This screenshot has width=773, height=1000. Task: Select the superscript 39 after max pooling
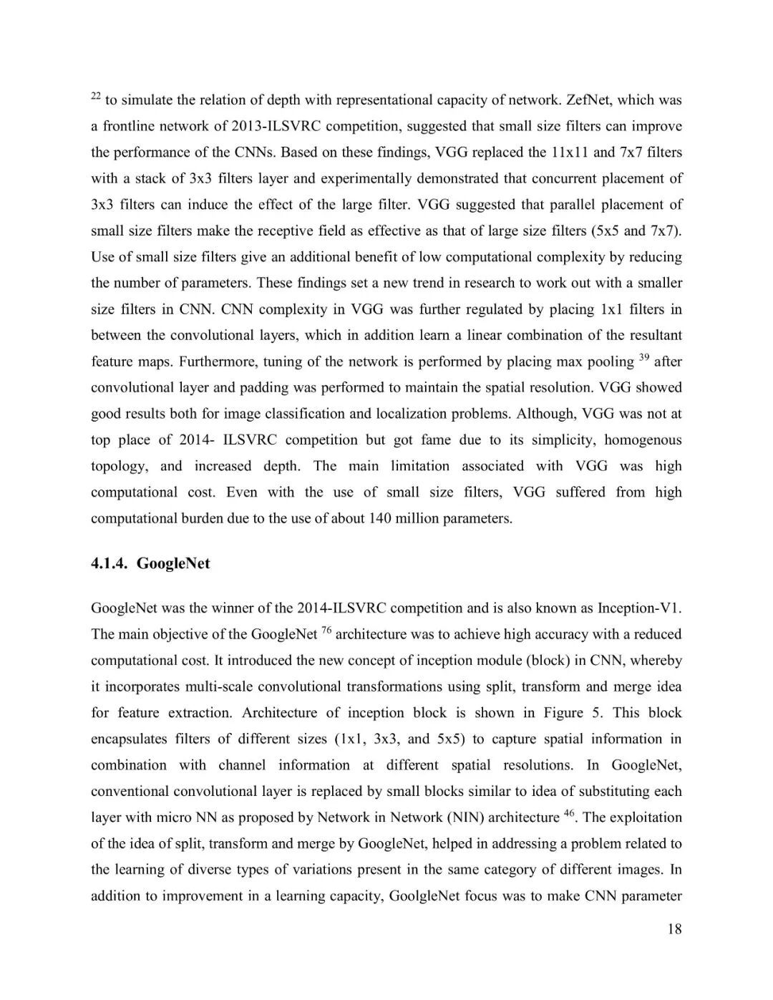click(x=643, y=357)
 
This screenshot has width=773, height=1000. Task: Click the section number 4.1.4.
click(x=110, y=564)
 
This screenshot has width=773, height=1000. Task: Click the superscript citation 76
click(x=326, y=630)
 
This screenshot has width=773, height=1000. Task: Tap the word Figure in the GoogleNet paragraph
click(x=563, y=713)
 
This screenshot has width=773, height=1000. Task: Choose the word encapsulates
click(x=129, y=739)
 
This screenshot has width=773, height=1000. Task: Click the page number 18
click(x=674, y=929)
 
